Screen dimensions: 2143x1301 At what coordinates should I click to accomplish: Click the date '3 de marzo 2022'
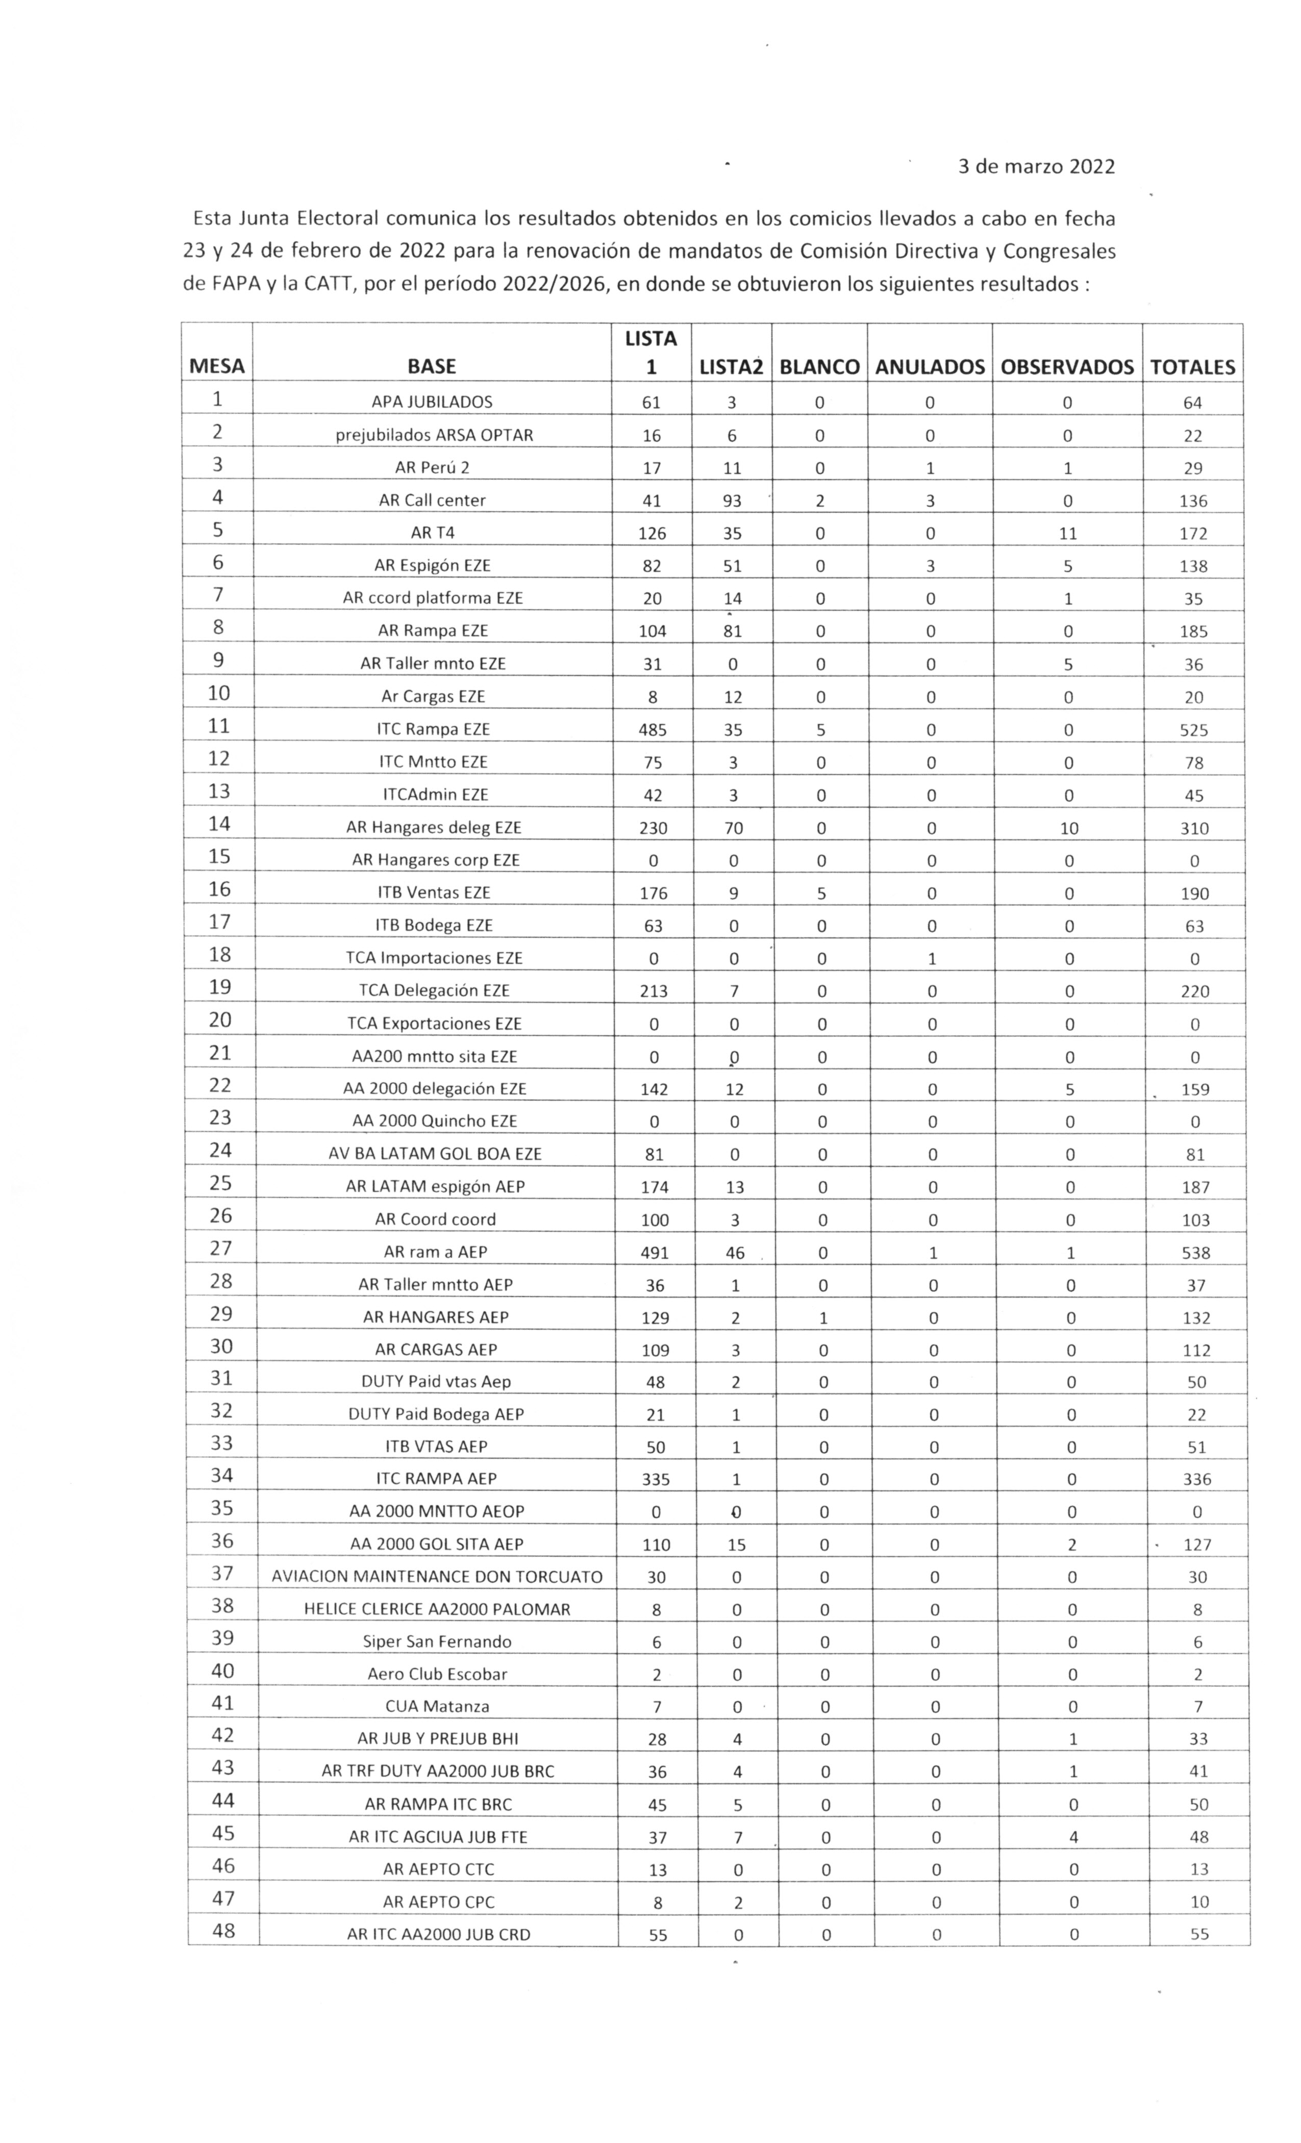pyautogui.click(x=1036, y=167)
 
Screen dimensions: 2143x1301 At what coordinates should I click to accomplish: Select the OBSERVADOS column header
pyautogui.click(x=1066, y=367)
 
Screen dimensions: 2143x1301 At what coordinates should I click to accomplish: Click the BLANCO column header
pyautogui.click(x=818, y=367)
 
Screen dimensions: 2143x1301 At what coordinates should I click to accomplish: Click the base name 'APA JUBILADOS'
pyautogui.click(x=431, y=402)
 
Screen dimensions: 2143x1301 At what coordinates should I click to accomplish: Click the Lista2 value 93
pyautogui.click(x=732, y=501)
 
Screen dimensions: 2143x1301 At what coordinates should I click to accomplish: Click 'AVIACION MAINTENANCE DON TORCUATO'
pyautogui.click(x=437, y=1577)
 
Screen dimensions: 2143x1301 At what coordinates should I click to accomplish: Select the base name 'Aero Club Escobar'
pyautogui.click(x=437, y=1674)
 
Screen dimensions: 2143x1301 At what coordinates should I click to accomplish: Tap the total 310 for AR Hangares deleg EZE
pyautogui.click(x=1194, y=829)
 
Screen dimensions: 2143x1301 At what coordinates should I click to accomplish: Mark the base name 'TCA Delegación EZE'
pyautogui.click(x=434, y=990)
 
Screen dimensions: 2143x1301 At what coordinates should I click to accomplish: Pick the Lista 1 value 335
pyautogui.click(x=655, y=1479)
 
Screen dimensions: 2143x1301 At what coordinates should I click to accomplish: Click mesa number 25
pyautogui.click(x=221, y=1184)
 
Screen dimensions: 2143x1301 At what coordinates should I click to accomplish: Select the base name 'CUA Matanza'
pyautogui.click(x=437, y=1706)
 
